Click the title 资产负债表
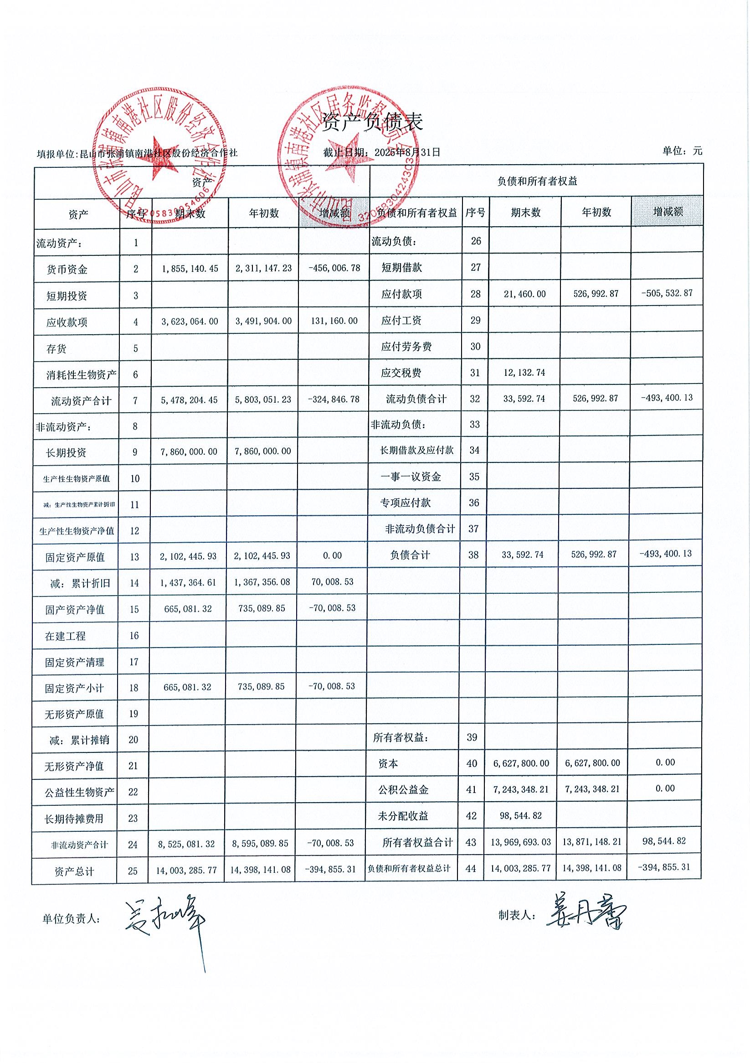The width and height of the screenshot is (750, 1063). coord(372,122)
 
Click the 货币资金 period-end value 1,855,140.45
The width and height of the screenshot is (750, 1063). coord(190,269)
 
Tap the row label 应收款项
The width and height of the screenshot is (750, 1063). coord(67,322)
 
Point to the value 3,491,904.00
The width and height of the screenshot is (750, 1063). coord(263,321)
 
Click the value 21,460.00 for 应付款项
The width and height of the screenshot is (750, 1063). coord(524,294)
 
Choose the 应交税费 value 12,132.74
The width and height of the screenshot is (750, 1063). coord(524,373)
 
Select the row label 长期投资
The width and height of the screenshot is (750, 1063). coord(66,453)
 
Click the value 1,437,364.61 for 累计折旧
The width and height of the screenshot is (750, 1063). coord(188,582)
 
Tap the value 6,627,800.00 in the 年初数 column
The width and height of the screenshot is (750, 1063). coord(592,763)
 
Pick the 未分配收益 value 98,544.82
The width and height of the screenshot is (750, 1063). coord(520,815)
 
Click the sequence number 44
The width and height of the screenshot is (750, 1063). coord(471,869)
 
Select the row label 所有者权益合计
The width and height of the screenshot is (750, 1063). coord(417,842)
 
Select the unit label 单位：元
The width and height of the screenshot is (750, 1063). coord(682,150)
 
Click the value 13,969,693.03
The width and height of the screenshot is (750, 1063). coord(520,842)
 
